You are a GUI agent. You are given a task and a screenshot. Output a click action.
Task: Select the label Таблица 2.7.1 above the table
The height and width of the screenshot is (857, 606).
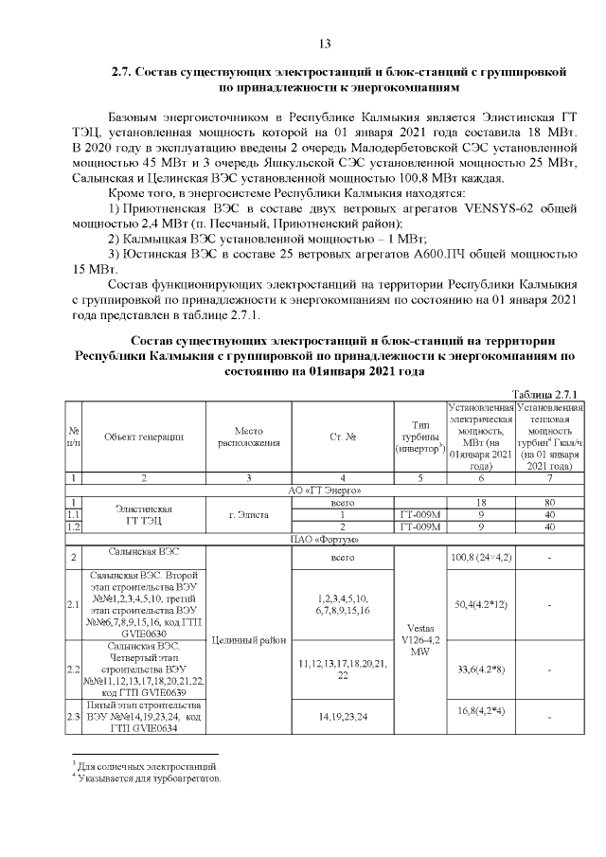(544, 394)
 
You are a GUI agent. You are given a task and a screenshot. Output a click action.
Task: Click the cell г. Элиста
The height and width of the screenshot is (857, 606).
(249, 514)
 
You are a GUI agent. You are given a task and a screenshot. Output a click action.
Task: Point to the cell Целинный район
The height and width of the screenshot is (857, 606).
(249, 640)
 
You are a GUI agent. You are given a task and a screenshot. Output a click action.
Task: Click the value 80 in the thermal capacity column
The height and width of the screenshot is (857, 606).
(550, 502)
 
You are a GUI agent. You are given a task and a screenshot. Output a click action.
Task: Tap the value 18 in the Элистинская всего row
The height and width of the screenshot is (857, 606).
(481, 502)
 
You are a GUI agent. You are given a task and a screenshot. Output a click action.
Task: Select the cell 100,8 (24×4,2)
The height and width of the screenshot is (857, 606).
(481, 557)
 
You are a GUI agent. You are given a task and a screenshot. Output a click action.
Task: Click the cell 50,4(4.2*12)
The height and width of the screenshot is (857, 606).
(481, 603)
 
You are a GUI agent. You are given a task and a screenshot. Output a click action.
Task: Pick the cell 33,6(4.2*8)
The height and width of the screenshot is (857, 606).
(481, 670)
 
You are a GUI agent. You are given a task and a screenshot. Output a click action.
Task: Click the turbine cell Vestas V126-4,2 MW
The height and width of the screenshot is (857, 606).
(419, 639)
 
